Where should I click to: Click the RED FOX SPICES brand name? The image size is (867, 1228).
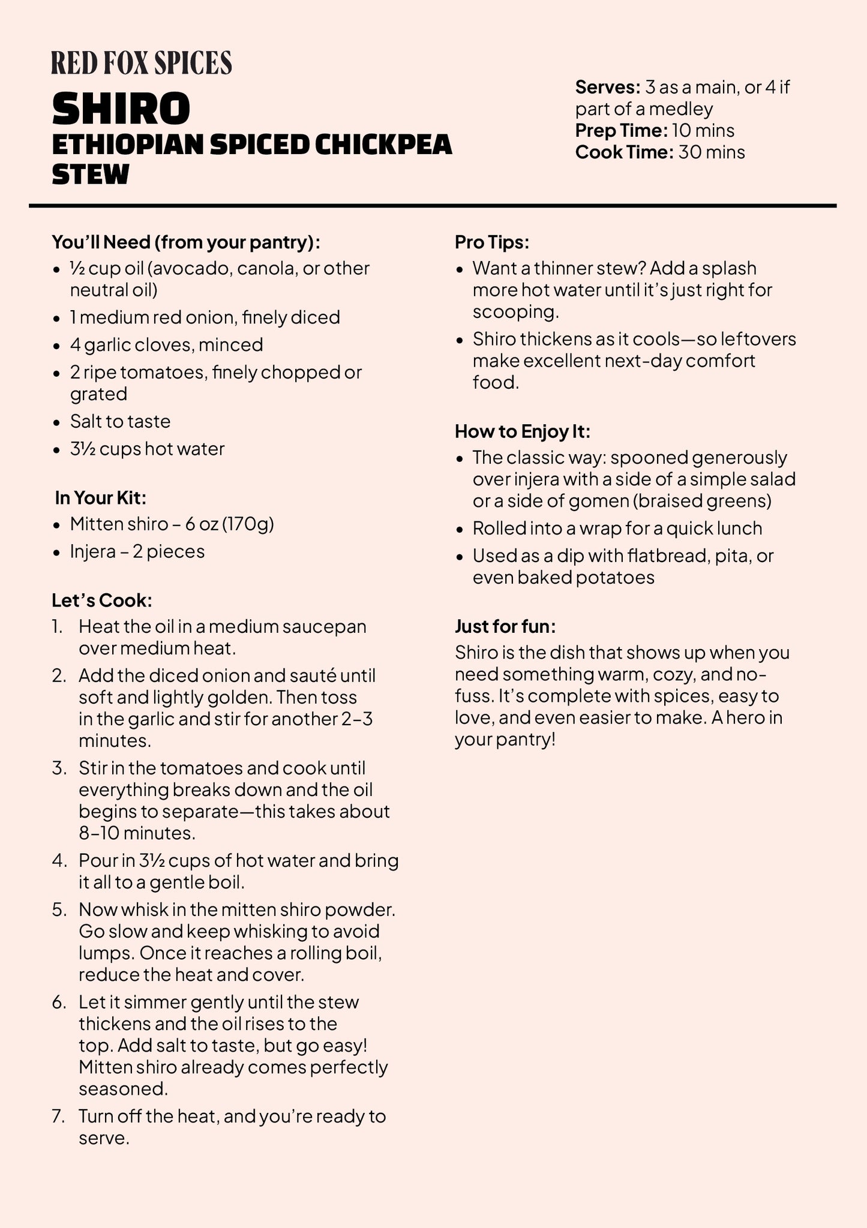[142, 63]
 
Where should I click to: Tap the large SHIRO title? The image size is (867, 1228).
[121, 109]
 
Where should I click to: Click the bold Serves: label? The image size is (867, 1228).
[607, 88]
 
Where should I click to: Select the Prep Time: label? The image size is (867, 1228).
[621, 131]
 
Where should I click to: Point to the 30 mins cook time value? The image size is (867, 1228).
[712, 152]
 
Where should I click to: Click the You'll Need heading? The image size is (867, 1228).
[186, 242]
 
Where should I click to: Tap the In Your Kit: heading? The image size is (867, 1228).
[101, 498]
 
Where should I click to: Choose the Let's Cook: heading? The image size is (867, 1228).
[102, 601]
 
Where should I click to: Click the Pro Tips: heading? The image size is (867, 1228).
[492, 242]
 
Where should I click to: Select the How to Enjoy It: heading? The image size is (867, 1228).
[523, 431]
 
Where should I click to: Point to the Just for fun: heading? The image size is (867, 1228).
[505, 626]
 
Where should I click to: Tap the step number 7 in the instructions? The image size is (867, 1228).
[58, 1116]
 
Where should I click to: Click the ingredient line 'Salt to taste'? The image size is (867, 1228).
[120, 422]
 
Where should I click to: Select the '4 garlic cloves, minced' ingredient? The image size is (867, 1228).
[166, 345]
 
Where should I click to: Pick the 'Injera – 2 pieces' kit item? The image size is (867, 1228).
[137, 551]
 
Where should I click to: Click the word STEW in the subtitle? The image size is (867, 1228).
[91, 175]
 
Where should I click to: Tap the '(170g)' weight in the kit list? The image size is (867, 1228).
[248, 524]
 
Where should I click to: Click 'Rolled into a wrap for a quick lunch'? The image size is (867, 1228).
[617, 529]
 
